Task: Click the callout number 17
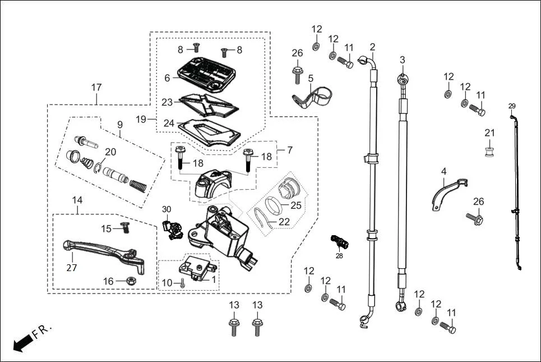[96, 88]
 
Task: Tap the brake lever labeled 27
[101, 251]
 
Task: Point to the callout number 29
[511, 106]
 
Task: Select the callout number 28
[339, 256]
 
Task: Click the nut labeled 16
[128, 279]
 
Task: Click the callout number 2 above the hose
[372, 47]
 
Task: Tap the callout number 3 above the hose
[402, 60]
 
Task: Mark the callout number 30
[167, 209]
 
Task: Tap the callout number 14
[77, 200]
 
